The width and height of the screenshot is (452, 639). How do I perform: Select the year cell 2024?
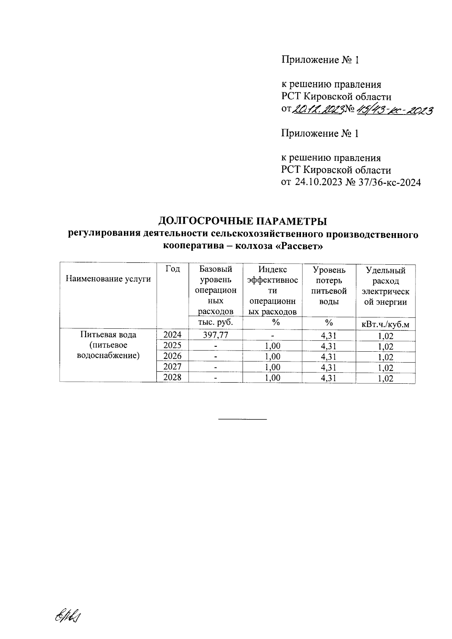point(172,334)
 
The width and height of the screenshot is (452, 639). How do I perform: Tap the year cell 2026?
point(172,356)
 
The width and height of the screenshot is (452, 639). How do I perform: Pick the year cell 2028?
point(172,377)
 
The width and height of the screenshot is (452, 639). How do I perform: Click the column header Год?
point(172,269)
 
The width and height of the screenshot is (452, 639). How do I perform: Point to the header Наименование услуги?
point(108,279)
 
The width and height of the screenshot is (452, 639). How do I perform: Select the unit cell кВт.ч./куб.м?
point(385,323)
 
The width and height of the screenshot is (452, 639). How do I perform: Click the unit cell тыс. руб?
point(215,322)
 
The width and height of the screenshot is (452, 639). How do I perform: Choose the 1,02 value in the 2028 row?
point(385,378)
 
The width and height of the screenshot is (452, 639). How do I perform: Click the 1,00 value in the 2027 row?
point(273,367)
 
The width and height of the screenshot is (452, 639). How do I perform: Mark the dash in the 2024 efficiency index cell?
point(273,335)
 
